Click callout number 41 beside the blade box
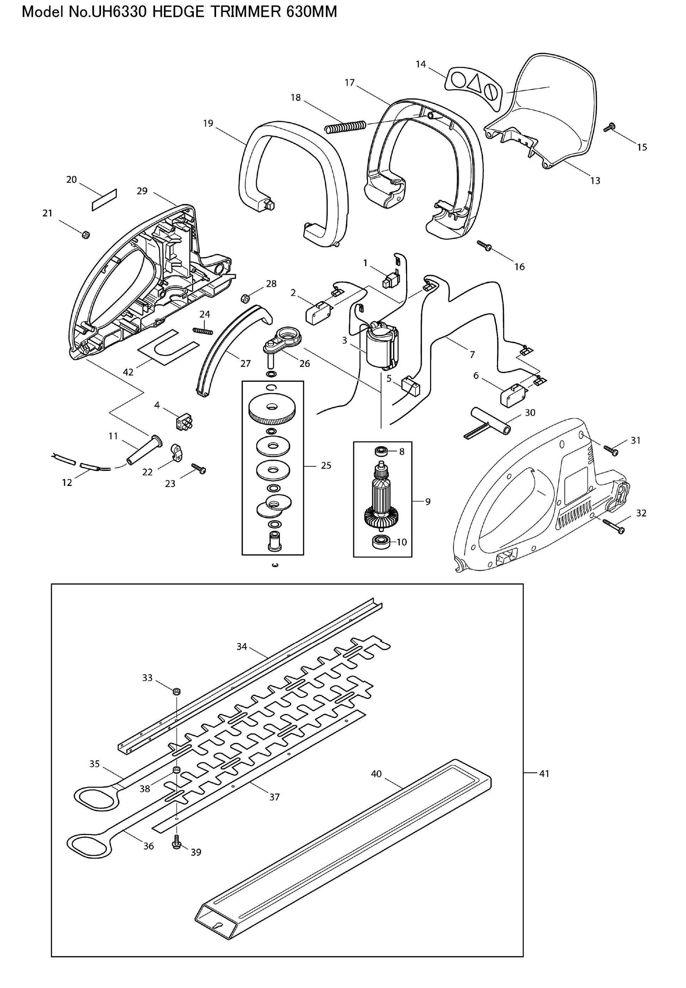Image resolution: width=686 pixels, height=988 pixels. pyautogui.click(x=544, y=774)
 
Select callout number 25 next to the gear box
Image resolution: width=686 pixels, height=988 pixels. pyautogui.click(x=326, y=465)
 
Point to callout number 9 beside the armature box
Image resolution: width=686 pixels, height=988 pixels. pyautogui.click(x=428, y=501)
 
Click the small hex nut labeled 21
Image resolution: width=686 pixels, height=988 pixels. pyautogui.click(x=85, y=234)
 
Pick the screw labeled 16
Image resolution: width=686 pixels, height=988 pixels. pyautogui.click(x=484, y=245)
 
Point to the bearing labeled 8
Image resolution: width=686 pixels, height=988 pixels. pyautogui.click(x=380, y=452)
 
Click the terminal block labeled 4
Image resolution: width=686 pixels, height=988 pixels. pyautogui.click(x=184, y=422)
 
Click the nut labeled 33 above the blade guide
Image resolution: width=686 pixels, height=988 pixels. pyautogui.click(x=176, y=692)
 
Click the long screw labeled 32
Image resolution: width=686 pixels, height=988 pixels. pyautogui.click(x=614, y=527)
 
